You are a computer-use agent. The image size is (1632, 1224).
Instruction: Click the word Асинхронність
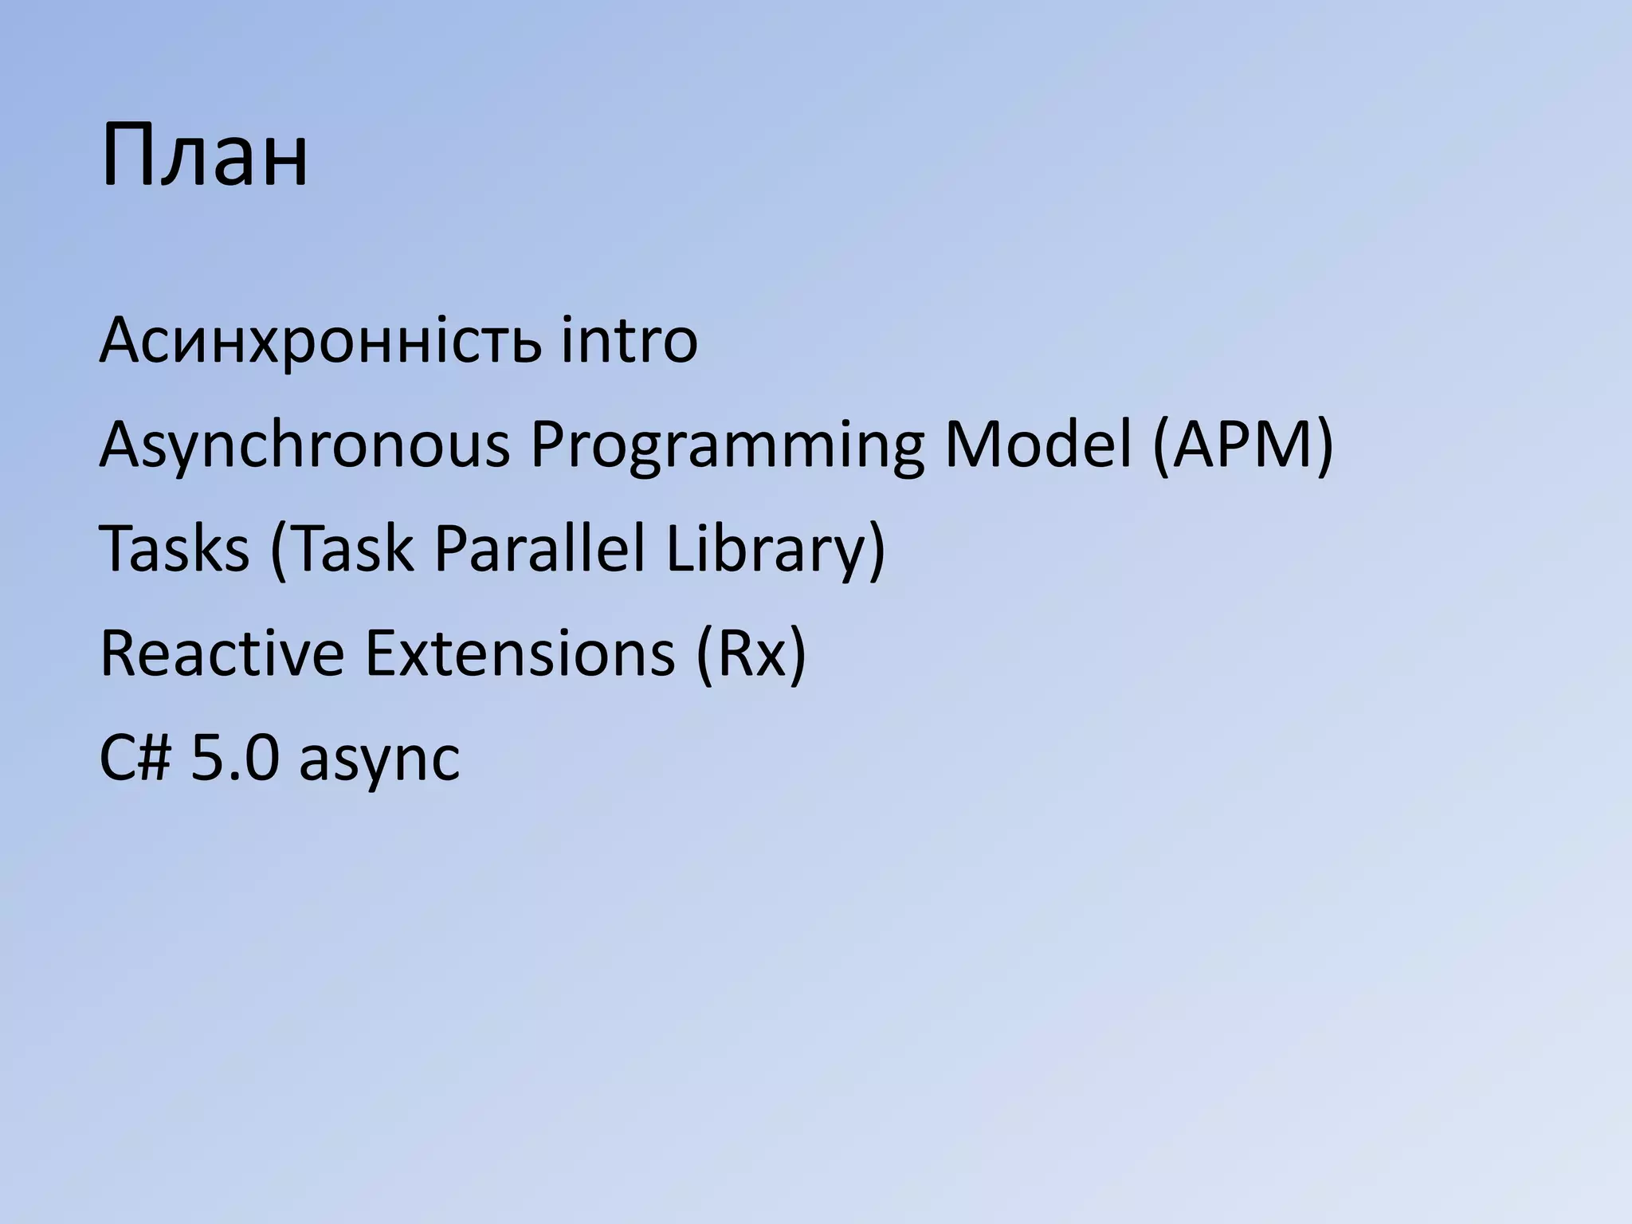click(x=319, y=341)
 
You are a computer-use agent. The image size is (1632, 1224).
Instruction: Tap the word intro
click(x=629, y=341)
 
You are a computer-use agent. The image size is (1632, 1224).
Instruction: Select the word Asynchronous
click(x=304, y=446)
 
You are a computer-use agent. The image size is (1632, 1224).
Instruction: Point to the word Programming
click(x=727, y=446)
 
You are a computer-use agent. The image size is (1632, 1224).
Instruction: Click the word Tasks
click(x=174, y=549)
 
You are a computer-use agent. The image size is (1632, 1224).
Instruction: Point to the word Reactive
click(x=222, y=653)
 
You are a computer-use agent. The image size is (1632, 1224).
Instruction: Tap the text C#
click(x=135, y=758)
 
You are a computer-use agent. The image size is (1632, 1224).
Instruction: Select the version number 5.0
click(x=235, y=758)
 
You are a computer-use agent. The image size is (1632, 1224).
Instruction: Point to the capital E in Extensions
click(x=382, y=653)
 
